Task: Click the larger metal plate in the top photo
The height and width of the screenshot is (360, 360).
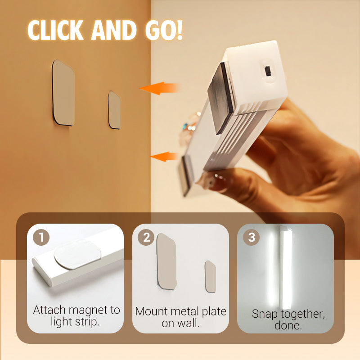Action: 63,93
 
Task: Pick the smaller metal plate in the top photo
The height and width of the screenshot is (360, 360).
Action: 114,110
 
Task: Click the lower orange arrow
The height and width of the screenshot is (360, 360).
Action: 164,157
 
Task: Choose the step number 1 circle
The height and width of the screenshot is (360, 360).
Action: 41,237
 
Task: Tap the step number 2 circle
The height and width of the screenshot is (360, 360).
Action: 146,237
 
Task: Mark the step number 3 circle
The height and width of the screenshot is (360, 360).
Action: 251,237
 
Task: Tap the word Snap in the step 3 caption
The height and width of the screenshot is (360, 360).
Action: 265,314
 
